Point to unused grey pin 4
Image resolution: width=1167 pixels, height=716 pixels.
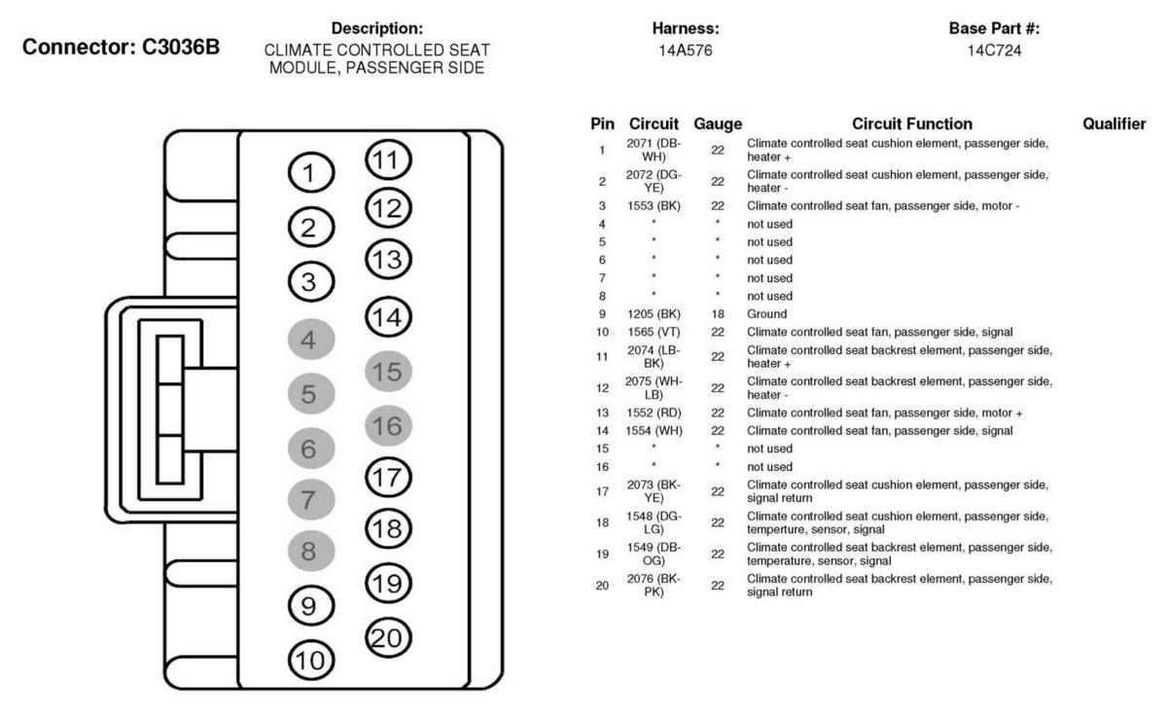(x=309, y=341)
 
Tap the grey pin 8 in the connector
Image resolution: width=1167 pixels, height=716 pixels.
(x=309, y=552)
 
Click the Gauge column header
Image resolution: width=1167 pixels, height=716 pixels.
(x=718, y=125)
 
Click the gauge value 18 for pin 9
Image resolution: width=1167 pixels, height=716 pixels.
(x=718, y=315)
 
